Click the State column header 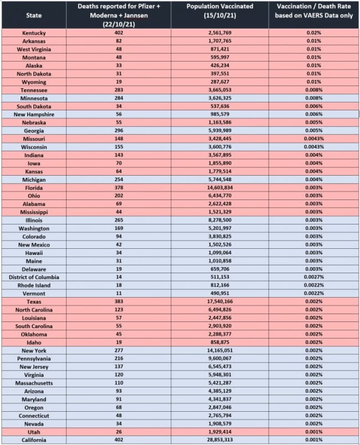pyautogui.click(x=34, y=15)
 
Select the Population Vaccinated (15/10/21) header pyautogui.click(x=219, y=10)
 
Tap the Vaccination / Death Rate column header pyautogui.click(x=314, y=10)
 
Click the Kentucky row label pyautogui.click(x=34, y=33)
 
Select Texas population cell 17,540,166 pyautogui.click(x=219, y=302)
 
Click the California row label pyautogui.click(x=34, y=440)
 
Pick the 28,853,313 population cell pyautogui.click(x=219, y=440)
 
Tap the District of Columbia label pyautogui.click(x=34, y=277)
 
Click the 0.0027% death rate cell pyautogui.click(x=314, y=277)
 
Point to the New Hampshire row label pyautogui.click(x=34, y=114)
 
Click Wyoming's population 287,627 pyautogui.click(x=219, y=81)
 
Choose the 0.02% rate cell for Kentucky pyautogui.click(x=314, y=33)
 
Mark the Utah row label pyautogui.click(x=34, y=432)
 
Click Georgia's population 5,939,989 pyautogui.click(x=219, y=131)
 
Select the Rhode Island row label pyautogui.click(x=34, y=285)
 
